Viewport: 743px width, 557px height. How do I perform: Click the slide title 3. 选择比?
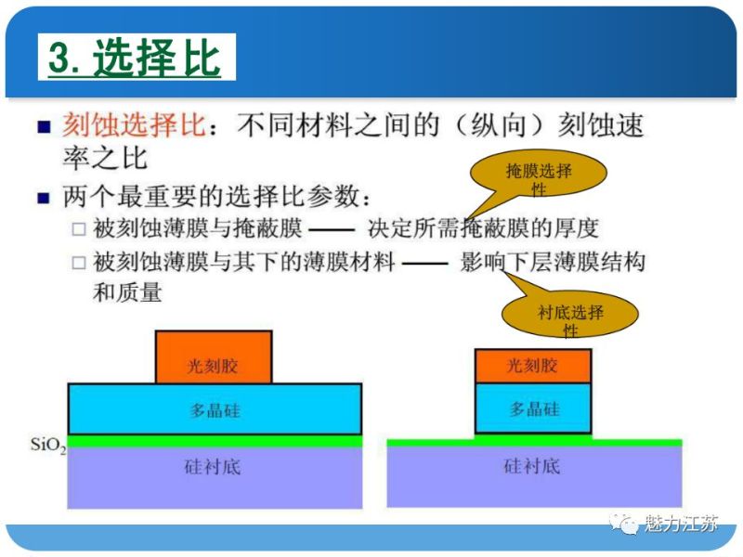pyautogui.click(x=136, y=58)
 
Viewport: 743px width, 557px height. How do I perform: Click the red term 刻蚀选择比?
pyautogui.click(x=132, y=124)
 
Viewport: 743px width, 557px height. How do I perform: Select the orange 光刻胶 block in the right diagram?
pyautogui.click(x=532, y=366)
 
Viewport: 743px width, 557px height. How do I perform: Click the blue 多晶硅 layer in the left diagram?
pyautogui.click(x=215, y=409)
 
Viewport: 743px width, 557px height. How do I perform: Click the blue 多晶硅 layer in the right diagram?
pyautogui.click(x=532, y=408)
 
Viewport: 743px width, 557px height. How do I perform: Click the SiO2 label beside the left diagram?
pyautogui.click(x=46, y=447)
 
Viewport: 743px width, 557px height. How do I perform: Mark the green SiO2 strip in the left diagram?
pyautogui.click(x=215, y=441)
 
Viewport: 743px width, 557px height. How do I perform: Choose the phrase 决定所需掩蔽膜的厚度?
pyautogui.click(x=483, y=228)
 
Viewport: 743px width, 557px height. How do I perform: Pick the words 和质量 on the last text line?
pyautogui.click(x=127, y=293)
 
